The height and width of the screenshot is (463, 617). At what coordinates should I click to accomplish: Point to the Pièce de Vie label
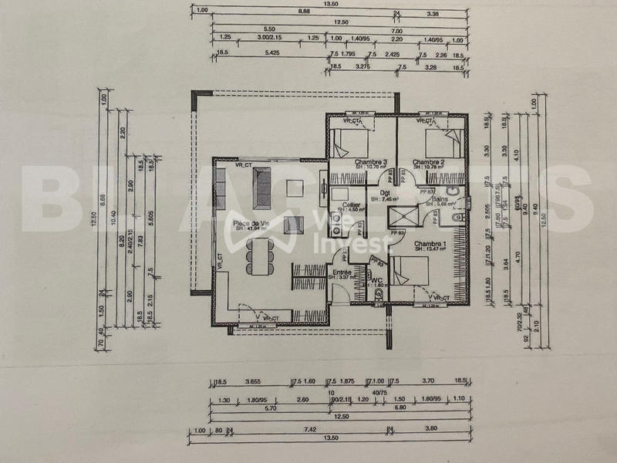tap(251, 224)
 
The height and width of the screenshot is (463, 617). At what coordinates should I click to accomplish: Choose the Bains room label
tap(442, 199)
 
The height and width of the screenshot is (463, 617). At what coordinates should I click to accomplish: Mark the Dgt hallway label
tap(384, 194)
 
